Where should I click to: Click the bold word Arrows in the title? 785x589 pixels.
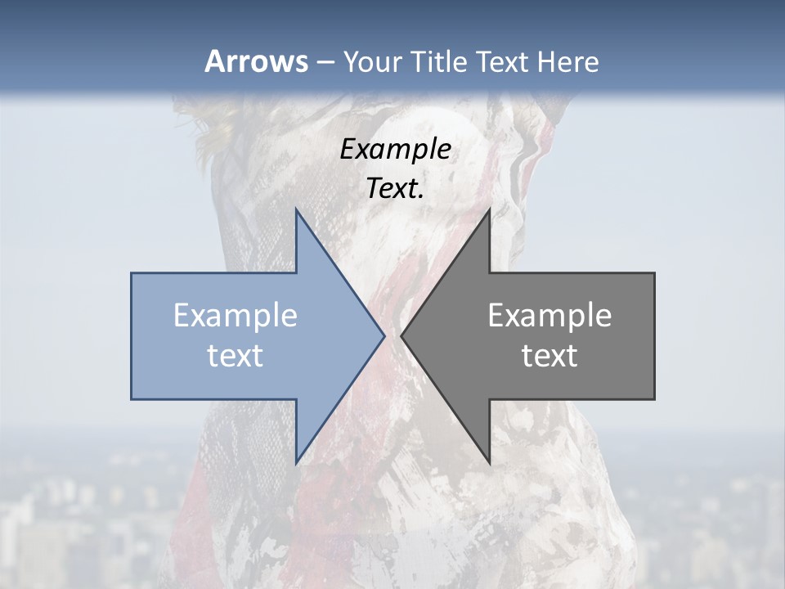pyautogui.click(x=256, y=61)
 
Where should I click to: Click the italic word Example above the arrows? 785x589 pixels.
pyautogui.click(x=396, y=150)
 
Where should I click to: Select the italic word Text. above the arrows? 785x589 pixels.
pyautogui.click(x=396, y=188)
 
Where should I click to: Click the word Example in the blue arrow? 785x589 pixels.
pyautogui.click(x=235, y=316)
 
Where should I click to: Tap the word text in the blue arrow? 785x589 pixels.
pyautogui.click(x=235, y=355)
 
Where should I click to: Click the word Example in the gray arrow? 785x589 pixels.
pyautogui.click(x=549, y=316)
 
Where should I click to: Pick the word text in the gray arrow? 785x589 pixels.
pyautogui.click(x=549, y=355)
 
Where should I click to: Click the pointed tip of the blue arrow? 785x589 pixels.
pyautogui.click(x=384, y=335)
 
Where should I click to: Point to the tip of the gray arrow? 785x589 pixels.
pyautogui.click(x=401, y=335)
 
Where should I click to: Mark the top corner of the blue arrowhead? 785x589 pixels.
pyautogui.click(x=296, y=209)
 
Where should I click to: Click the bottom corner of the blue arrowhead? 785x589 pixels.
pyautogui.click(x=296, y=463)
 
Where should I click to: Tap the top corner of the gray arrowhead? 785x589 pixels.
pyautogui.click(x=489, y=209)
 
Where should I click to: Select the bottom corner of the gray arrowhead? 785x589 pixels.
pyautogui.click(x=489, y=463)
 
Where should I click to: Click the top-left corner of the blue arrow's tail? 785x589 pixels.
pyautogui.click(x=132, y=274)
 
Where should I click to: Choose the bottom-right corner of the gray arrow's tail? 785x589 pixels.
pyautogui.click(x=653, y=398)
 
